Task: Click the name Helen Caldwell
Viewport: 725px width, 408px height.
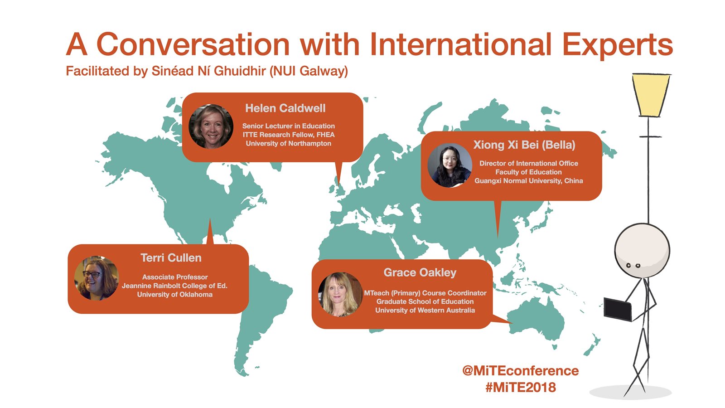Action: coord(285,108)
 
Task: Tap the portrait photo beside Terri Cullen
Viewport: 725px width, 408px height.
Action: coord(97,278)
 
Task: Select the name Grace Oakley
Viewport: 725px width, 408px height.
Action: coord(420,272)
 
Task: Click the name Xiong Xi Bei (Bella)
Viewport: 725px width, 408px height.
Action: coord(524,145)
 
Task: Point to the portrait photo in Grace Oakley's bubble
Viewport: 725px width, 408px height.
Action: coord(340,294)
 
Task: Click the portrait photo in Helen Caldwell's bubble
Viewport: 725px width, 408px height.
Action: coord(211,126)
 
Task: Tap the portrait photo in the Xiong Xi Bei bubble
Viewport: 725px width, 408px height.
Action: coord(450,165)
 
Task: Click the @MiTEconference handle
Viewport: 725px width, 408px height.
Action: coord(521,371)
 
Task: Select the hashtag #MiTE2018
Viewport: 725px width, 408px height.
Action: coord(521,387)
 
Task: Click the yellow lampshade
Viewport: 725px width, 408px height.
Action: coord(651,95)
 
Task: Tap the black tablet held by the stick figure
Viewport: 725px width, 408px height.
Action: coord(618,310)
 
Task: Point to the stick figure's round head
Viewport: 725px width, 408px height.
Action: coord(642,251)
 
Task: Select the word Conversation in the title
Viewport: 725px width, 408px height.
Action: coord(193,44)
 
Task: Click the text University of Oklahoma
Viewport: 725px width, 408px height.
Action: coord(175,295)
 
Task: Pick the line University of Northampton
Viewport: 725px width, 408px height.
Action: coord(288,143)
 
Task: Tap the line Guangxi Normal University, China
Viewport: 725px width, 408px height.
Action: coord(528,181)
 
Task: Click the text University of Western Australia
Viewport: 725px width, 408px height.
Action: coord(425,310)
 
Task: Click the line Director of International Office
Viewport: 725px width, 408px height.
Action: coord(528,163)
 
